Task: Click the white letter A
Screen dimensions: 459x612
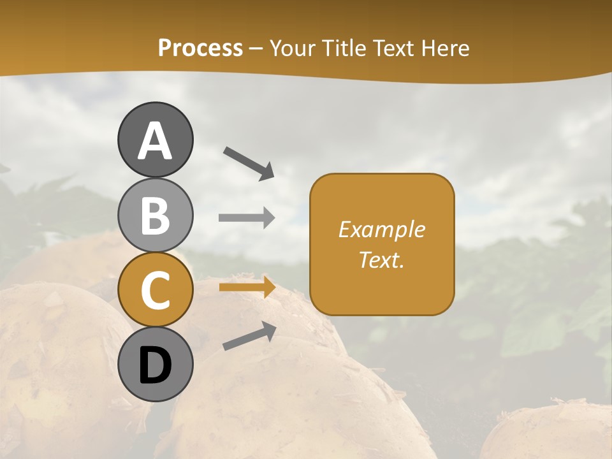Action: tap(155, 142)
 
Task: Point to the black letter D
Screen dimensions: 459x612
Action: tap(155, 367)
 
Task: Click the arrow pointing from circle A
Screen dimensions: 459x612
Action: tap(249, 163)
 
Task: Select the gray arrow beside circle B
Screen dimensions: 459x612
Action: tap(247, 218)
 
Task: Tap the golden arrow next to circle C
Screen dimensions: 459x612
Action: tap(247, 288)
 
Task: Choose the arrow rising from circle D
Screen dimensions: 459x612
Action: tap(249, 336)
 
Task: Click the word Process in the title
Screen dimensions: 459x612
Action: tap(200, 48)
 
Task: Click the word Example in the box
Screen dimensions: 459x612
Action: tap(381, 229)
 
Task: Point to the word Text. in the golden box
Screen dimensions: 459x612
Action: tap(381, 260)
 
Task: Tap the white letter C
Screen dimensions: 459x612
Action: tap(155, 291)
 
